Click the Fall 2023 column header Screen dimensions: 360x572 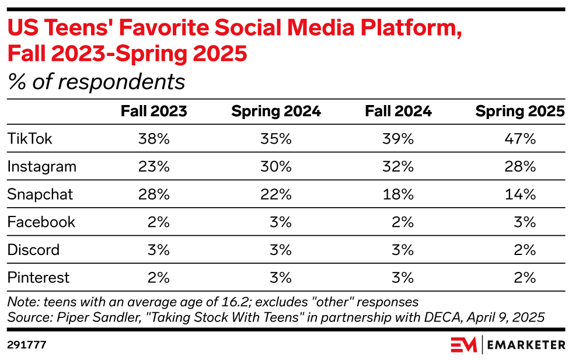154,111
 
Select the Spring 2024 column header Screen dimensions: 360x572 276,111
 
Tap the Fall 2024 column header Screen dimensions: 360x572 398,111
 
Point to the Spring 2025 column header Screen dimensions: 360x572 520,111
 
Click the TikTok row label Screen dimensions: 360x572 30,138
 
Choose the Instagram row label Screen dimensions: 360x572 41,166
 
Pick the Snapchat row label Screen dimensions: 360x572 40,194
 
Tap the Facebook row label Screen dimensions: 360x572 41,222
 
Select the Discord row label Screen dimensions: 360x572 33,250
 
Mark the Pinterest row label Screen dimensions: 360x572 39,277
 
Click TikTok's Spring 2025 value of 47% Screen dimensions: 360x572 521,138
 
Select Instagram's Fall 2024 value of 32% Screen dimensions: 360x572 399,166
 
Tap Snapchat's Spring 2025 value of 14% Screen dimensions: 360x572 521,194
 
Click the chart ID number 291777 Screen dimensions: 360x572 27,345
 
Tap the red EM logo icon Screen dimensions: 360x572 463,344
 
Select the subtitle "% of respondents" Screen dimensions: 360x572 96,82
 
